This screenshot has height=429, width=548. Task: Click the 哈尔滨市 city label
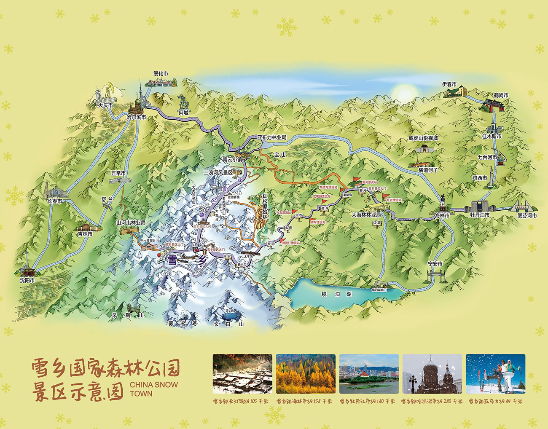point(137,118)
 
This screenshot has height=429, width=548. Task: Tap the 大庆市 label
point(105,105)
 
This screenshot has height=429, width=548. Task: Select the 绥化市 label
point(161,74)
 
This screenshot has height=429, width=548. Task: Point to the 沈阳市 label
point(27,280)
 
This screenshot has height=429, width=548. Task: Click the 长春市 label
point(55,201)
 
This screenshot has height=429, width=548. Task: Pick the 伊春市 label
point(449,84)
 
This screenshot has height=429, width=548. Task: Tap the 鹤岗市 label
point(501,96)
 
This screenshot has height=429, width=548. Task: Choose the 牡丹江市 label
point(480,215)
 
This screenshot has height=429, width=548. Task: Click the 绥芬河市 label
point(527,216)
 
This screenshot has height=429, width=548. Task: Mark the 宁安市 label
point(435,264)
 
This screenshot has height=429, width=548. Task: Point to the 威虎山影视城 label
point(423,138)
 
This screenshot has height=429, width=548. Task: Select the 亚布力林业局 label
point(272,137)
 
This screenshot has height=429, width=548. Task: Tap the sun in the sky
point(404,92)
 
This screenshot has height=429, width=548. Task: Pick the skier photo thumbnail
point(495,374)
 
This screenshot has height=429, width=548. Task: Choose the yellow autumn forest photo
point(306,374)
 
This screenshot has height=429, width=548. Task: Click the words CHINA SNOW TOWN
point(153,389)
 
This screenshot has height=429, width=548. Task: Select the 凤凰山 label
point(128,315)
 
